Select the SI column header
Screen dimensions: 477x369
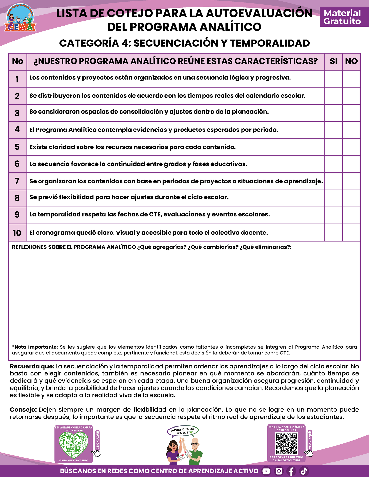coord(333,61)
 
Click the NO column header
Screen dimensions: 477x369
coord(351,61)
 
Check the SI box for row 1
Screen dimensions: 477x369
coord(333,79)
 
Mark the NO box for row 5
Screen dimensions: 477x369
coord(351,147)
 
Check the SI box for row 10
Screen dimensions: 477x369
coord(333,233)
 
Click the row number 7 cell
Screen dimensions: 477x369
coord(17,181)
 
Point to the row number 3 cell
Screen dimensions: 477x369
coord(17,113)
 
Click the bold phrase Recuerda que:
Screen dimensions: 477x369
coord(32,366)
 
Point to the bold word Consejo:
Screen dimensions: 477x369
coord(23,410)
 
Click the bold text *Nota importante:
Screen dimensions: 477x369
coord(35,347)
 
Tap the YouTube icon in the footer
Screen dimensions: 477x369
coord(266,471)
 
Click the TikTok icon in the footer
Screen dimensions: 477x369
coord(304,471)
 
